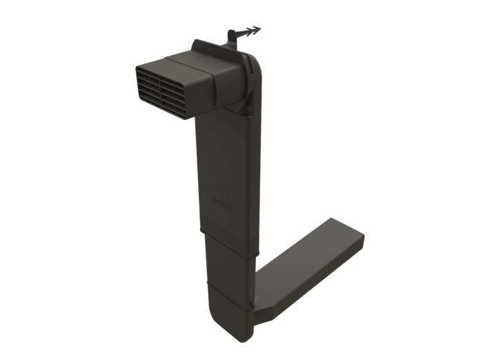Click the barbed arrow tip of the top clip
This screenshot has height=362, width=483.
point(256,30)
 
